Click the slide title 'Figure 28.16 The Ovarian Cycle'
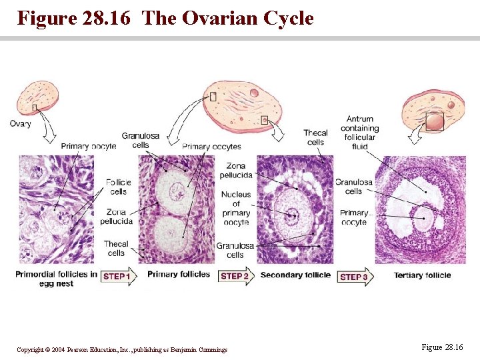tap(165, 18)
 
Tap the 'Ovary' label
tap(20, 123)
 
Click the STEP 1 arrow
tap(118, 276)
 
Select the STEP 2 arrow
tap(237, 276)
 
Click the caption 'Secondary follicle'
tap(295, 275)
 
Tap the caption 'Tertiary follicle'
tap(422, 275)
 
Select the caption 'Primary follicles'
tap(179, 275)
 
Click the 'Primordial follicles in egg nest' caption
tap(56, 279)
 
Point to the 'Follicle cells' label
tap(118, 187)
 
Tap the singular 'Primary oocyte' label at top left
tap(88, 146)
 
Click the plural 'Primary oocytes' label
tap(211, 147)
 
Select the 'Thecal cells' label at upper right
tap(315, 137)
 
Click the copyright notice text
tap(122, 349)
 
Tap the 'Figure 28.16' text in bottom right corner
tap(442, 347)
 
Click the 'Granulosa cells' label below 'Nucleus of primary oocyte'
tap(235, 250)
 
